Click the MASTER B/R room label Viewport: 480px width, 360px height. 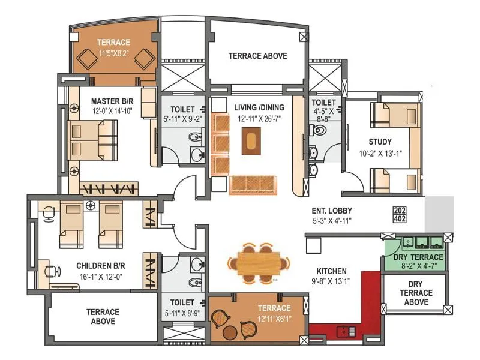coord(112,100)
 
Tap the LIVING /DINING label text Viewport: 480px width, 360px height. coord(260,107)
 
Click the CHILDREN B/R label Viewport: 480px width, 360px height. coord(100,265)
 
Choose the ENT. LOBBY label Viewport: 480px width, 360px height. coord(332,211)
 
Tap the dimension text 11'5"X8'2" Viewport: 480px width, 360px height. coord(113,53)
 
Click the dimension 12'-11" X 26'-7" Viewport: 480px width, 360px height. coord(260,118)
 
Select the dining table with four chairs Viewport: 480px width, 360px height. coord(259,262)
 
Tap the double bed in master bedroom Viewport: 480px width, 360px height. coord(93,140)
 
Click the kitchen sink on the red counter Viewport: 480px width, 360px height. coord(347,329)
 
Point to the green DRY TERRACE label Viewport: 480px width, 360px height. coord(414,257)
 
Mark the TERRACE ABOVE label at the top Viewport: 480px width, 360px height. coord(257,56)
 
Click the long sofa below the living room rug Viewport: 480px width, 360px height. coord(254,185)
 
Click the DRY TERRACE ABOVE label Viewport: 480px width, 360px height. coord(416,293)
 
